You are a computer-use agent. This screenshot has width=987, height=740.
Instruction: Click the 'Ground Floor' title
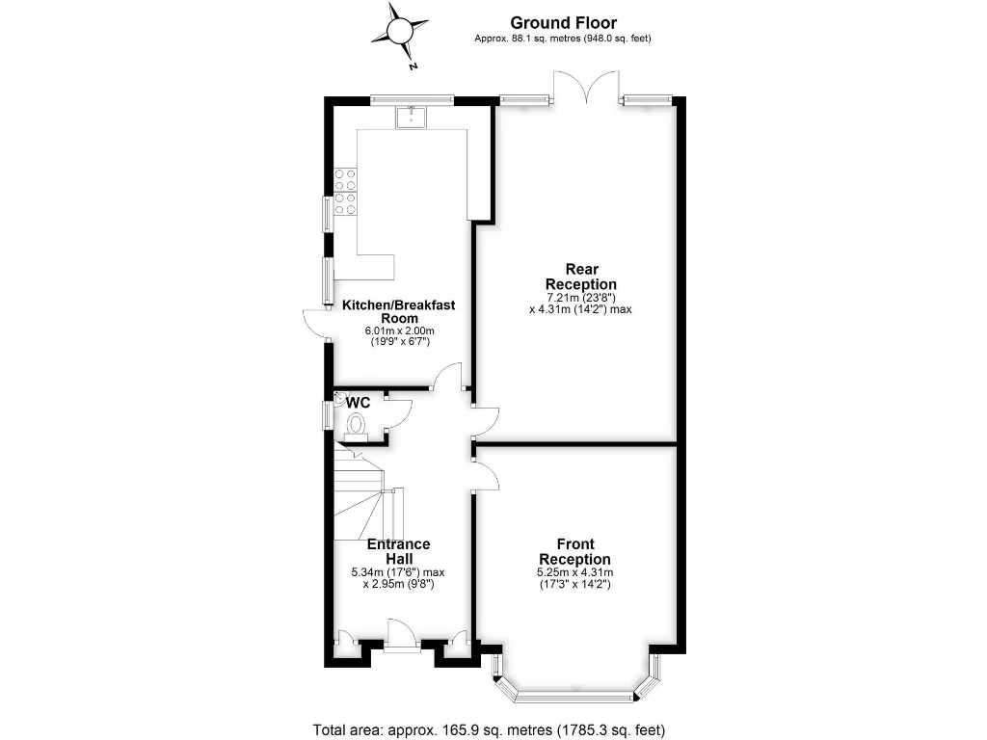coord(563,22)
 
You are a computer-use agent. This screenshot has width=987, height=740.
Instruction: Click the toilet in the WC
coord(357,425)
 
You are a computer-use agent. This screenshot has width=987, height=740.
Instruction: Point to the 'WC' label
coord(359,401)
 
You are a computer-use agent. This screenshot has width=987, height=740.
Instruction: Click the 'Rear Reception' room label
coord(580,277)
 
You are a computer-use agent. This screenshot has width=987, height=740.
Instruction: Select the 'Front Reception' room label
coord(574,551)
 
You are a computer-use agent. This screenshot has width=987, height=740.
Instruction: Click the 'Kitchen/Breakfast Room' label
coord(398,311)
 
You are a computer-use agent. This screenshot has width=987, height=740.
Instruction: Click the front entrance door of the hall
coord(400,635)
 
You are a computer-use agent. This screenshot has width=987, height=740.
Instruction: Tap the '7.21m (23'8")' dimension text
coord(580,297)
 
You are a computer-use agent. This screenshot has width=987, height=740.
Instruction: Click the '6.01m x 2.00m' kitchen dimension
coord(398,331)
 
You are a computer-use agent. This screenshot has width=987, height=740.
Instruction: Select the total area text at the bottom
coord(490,729)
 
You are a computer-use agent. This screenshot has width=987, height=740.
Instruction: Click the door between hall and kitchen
coord(448,377)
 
